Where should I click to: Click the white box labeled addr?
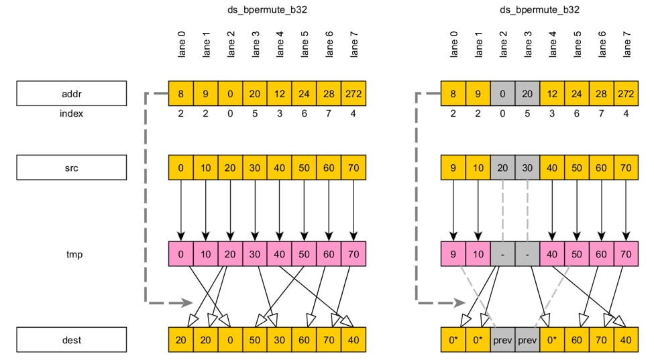[72, 93]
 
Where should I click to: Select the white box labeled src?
[72, 168]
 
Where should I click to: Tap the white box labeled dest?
[72, 340]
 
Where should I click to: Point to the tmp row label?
[72, 254]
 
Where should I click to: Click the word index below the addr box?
[72, 113]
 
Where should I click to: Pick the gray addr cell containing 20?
[528, 93]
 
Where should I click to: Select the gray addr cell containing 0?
[503, 93]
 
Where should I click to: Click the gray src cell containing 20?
[503, 168]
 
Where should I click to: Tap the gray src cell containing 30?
[528, 168]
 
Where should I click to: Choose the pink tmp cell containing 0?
[180, 254]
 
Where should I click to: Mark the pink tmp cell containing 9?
[453, 254]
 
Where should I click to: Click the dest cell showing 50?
[255, 340]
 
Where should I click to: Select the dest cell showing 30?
[280, 340]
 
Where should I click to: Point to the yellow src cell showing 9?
[453, 168]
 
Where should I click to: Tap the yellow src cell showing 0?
[180, 168]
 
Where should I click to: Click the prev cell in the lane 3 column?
[528, 340]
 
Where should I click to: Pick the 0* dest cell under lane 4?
[553, 340]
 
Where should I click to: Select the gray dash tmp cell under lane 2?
[503, 254]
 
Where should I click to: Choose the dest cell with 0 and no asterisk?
[230, 340]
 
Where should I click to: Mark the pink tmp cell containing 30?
[255, 254]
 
